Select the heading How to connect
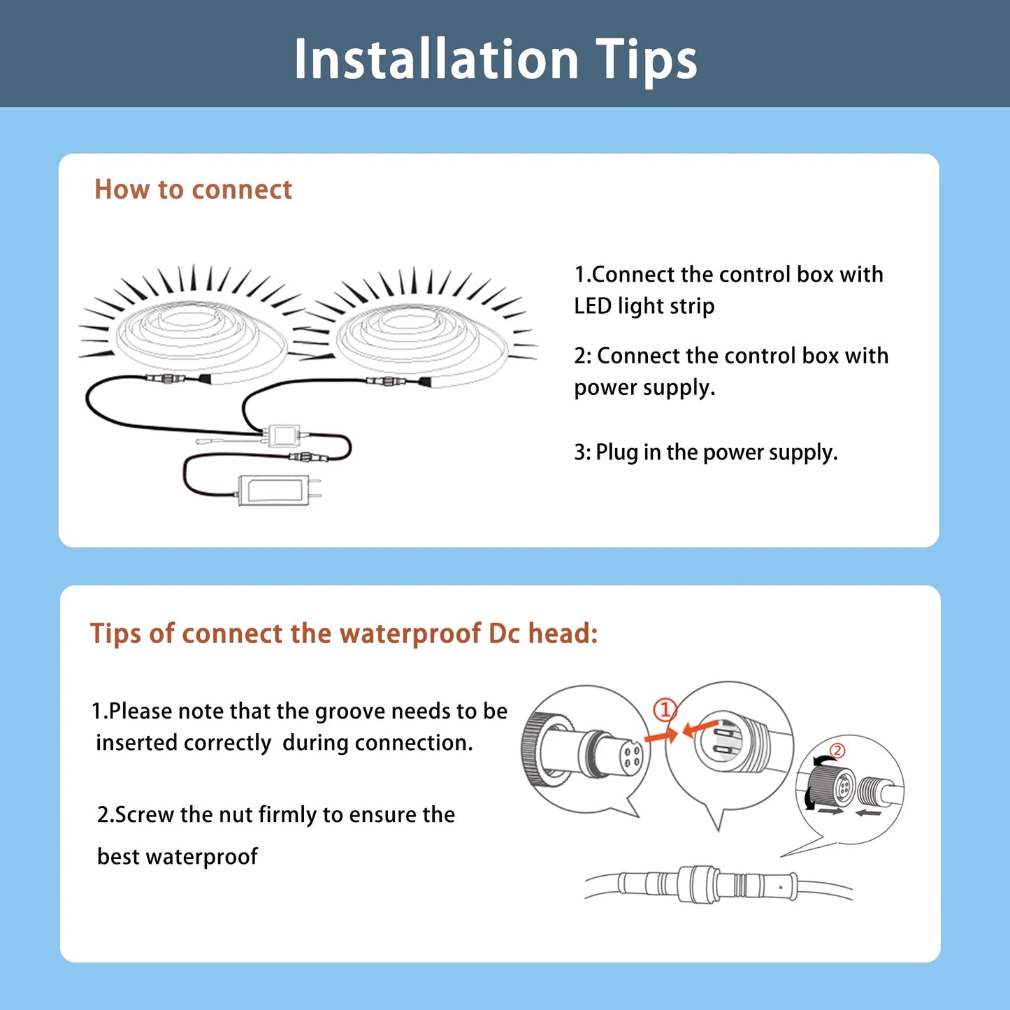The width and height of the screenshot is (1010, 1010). coord(193,189)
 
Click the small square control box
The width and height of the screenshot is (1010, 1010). coord(284,435)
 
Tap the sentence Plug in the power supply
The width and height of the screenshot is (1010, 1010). coord(717,452)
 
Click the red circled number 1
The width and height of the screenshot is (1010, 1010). coord(665,710)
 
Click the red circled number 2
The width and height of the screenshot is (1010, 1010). coord(837,751)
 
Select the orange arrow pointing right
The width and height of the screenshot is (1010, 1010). coord(661,735)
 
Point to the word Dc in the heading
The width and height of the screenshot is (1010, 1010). coord(504,634)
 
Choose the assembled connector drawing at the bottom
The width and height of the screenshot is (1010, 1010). coord(718,886)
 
